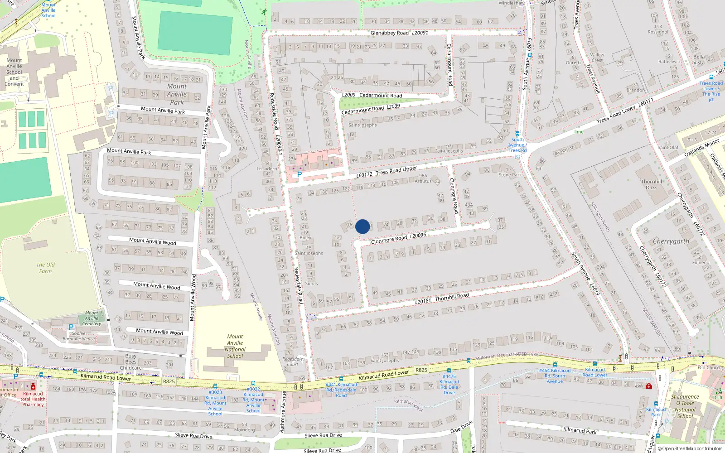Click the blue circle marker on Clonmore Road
point(362,226)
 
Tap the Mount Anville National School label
point(235,346)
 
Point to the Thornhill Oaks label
point(652,184)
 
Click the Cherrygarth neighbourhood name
point(671,241)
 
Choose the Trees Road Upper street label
point(396,171)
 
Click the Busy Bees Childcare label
point(131,362)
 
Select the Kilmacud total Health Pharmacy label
point(33,399)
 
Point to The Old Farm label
point(45,268)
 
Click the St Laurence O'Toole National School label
point(685,406)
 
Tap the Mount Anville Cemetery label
point(92,318)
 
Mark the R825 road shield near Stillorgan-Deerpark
point(421,370)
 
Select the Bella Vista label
point(699,60)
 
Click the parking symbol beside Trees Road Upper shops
point(299,174)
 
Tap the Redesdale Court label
point(293,361)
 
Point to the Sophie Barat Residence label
point(79,336)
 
